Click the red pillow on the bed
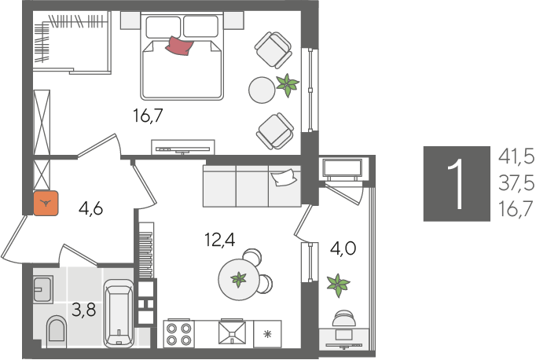click(179, 46)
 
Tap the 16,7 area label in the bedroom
click(148, 116)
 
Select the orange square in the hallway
click(46, 204)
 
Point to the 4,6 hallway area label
click(91, 208)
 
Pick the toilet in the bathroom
click(57, 329)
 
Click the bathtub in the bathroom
click(119, 313)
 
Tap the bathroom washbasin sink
click(43, 289)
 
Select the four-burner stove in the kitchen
click(178, 334)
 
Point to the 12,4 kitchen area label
click(220, 239)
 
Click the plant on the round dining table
click(239, 279)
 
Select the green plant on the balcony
click(338, 285)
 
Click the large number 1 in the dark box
click(457, 184)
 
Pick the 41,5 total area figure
click(516, 157)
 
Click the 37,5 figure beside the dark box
click(516, 183)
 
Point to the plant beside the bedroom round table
click(288, 85)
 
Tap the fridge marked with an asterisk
click(267, 334)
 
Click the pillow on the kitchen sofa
click(284, 178)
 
